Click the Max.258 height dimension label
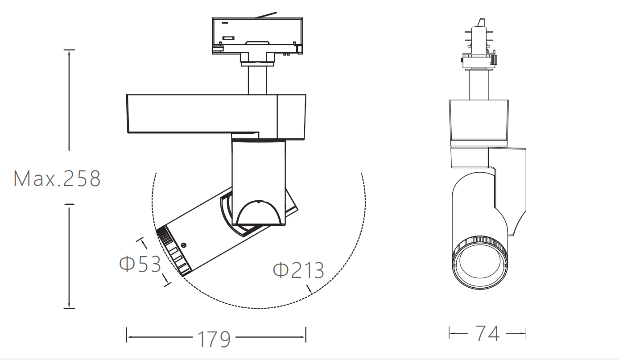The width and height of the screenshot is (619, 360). point(57,178)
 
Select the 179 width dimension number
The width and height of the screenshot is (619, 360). point(214,339)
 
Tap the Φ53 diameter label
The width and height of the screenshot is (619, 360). point(140,264)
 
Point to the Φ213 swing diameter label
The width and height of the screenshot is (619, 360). point(298,270)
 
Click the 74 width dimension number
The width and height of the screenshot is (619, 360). point(487,333)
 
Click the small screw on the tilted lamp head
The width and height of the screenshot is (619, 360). point(183,245)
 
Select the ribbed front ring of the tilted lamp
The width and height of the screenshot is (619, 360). point(173,251)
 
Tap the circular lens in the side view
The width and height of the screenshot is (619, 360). point(480,265)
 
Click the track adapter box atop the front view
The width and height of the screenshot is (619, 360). point(257,36)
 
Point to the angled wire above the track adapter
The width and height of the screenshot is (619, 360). point(266,15)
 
